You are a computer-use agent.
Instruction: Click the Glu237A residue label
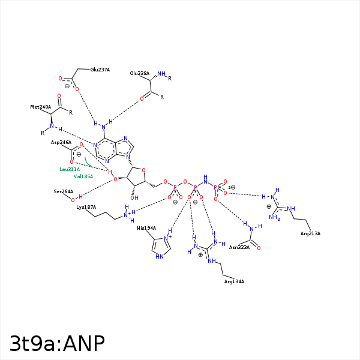coord(100,70)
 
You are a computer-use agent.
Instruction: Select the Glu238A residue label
coord(139,73)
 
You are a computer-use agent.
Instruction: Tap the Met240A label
coord(40,107)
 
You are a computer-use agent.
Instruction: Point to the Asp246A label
coord(61,142)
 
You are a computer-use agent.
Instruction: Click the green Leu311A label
coord(70,169)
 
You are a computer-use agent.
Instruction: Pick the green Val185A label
coord(83,176)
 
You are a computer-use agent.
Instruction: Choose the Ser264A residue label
coord(63,191)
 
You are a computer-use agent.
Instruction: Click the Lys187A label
coord(86,207)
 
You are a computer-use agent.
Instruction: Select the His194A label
coord(146,228)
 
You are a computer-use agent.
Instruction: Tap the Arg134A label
coord(234,281)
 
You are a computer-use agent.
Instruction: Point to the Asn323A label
coord(239,247)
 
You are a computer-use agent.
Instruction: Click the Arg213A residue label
coord(310,233)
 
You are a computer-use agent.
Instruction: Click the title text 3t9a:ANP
coord(58,343)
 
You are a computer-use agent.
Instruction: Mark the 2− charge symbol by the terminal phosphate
coord(232,187)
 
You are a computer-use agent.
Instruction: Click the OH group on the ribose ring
coord(134,198)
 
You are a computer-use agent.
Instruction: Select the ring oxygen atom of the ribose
coord(143,170)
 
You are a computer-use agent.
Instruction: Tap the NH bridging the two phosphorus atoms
coord(205,179)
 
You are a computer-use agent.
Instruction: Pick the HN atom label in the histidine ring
coord(159,256)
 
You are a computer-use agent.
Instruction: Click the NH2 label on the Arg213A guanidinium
coord(275,218)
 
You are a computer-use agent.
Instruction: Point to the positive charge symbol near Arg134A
coord(200,255)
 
